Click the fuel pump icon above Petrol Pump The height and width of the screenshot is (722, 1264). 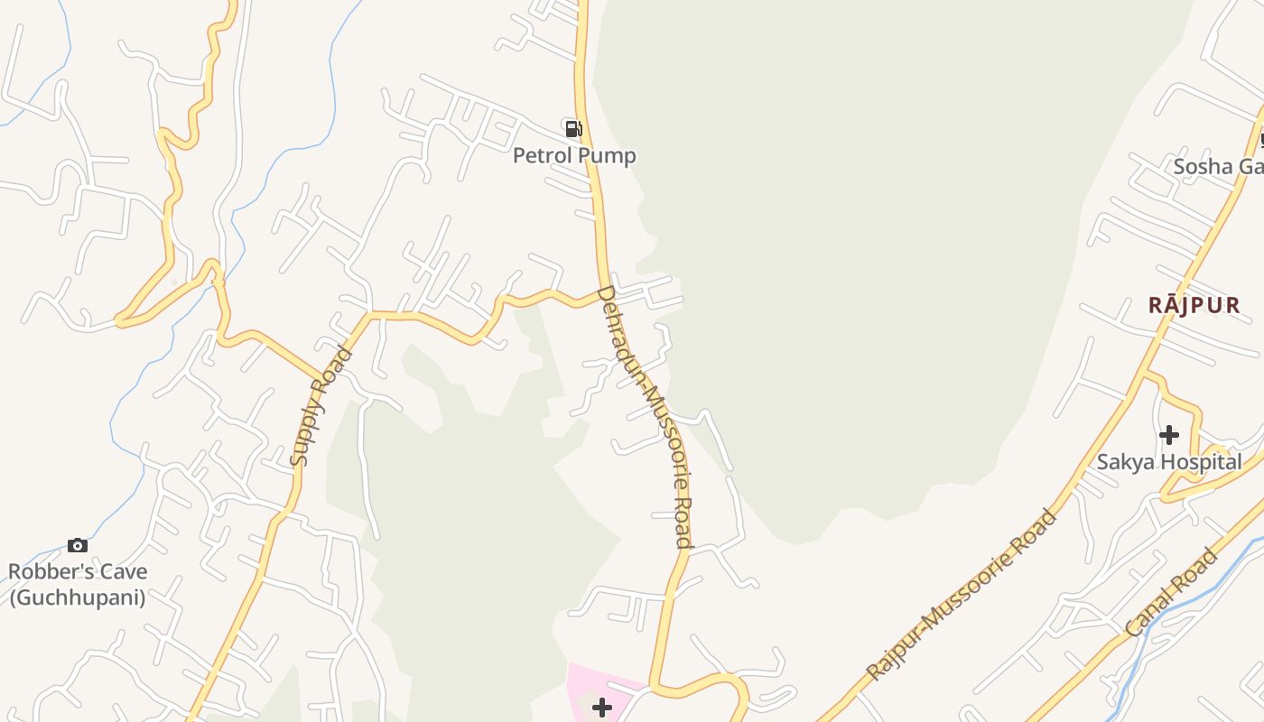[x=572, y=128]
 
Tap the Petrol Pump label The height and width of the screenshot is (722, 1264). [x=574, y=156]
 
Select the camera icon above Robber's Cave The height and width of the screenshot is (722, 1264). [x=78, y=545]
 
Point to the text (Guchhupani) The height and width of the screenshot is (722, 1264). [x=78, y=597]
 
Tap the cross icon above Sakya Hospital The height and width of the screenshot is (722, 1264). [x=1169, y=435]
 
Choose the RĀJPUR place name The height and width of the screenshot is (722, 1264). [x=1194, y=305]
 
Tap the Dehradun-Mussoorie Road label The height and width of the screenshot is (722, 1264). [x=646, y=417]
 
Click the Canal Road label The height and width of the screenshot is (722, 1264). [x=1171, y=593]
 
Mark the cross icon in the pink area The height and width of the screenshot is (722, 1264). [x=602, y=707]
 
